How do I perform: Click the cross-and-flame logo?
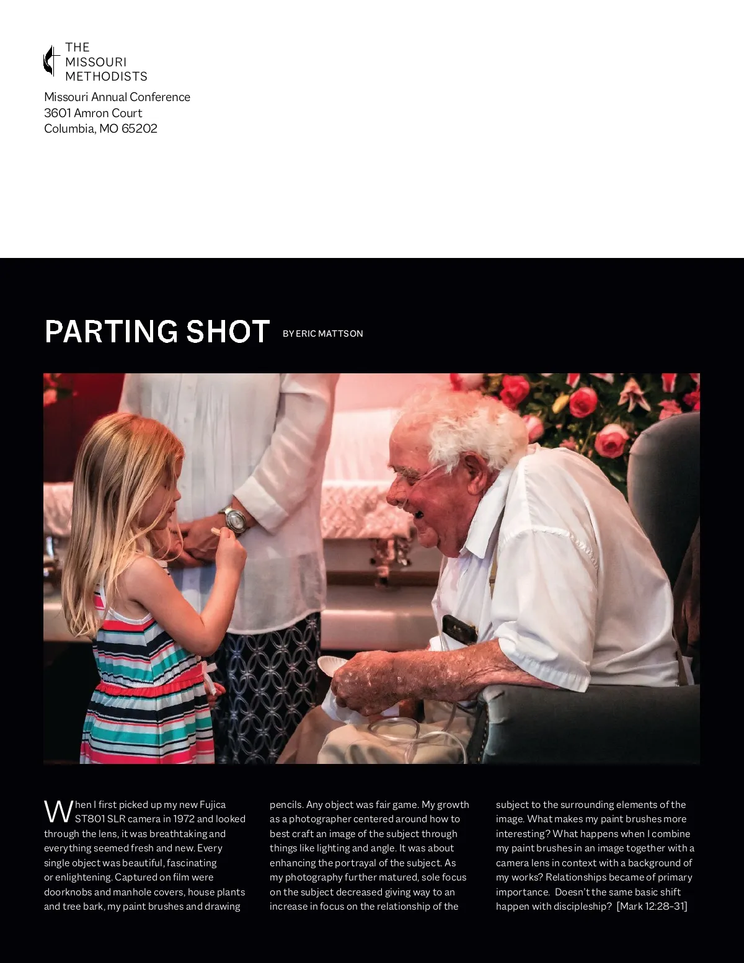tap(51, 61)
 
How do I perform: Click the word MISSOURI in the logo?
tap(95, 62)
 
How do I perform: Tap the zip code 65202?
tap(139, 129)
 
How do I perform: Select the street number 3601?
tap(57, 113)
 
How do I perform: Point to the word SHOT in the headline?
tap(228, 332)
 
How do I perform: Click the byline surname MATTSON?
tap(340, 334)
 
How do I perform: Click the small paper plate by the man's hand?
tap(332, 667)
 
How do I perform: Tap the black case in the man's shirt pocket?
tap(459, 629)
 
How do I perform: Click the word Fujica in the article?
tap(213, 805)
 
